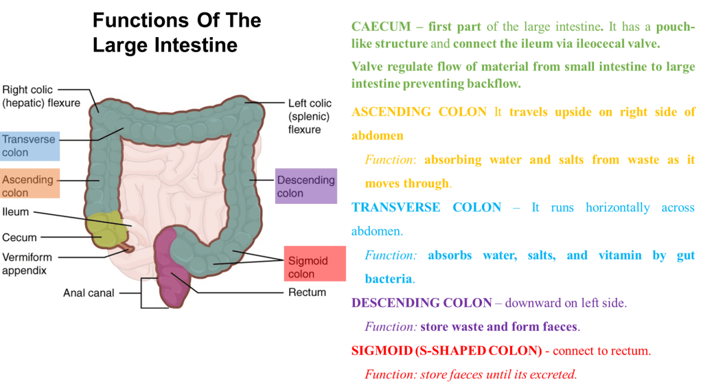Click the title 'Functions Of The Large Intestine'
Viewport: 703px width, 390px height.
click(x=176, y=32)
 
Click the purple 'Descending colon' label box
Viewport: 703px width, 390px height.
click(x=306, y=186)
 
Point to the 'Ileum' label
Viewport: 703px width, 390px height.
click(x=16, y=212)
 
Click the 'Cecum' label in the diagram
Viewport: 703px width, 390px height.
click(x=19, y=238)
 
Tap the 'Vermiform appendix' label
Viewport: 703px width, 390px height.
click(x=27, y=264)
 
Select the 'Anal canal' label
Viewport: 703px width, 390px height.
click(x=89, y=292)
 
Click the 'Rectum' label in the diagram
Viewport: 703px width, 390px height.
click(x=307, y=292)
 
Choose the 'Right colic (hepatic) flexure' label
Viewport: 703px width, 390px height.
click(x=41, y=96)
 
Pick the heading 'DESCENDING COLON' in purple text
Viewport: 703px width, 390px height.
click(x=421, y=303)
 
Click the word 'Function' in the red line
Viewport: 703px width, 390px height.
click(x=388, y=374)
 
